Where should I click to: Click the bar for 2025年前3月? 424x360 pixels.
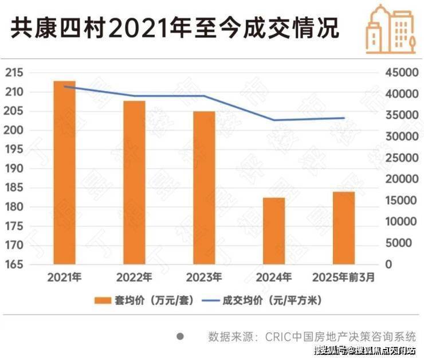344,228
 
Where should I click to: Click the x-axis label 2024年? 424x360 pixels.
273,278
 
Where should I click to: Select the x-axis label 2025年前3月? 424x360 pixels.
344,278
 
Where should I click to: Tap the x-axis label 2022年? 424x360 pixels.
134,278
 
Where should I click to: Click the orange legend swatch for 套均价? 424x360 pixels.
104,300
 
